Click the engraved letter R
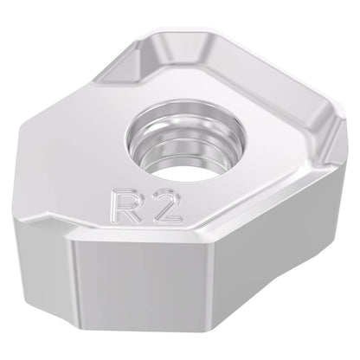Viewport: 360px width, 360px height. (x=125, y=207)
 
